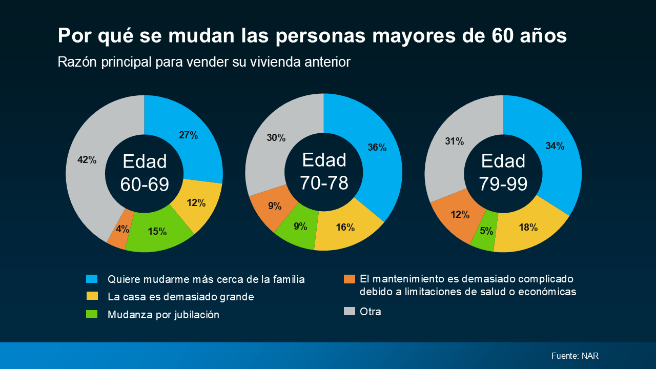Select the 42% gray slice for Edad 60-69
87,164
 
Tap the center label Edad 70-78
324,171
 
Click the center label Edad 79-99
503,172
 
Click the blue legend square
92,279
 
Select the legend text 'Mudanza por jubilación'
163,315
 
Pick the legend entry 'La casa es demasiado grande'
180,297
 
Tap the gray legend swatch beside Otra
349,311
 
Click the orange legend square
349,279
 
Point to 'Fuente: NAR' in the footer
575,356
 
